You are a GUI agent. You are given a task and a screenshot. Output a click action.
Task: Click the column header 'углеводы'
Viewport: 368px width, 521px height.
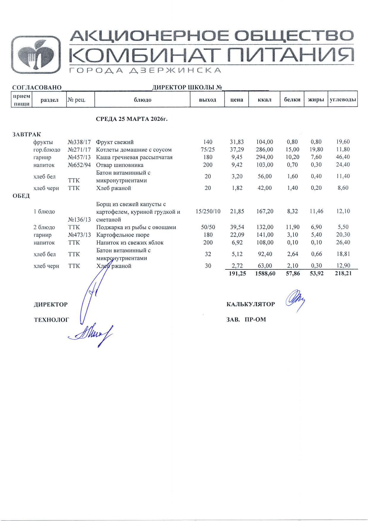click(343, 100)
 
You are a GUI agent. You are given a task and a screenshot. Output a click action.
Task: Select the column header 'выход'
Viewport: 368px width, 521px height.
click(207, 100)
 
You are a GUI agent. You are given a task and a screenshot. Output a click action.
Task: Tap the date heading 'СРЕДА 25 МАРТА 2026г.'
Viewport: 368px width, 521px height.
click(132, 119)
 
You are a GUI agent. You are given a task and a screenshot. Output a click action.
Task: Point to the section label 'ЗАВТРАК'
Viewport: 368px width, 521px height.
click(27, 134)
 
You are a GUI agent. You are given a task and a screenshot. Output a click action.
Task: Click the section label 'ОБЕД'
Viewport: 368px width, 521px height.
click(21, 196)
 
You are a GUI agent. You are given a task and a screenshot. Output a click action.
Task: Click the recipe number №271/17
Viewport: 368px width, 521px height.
click(79, 150)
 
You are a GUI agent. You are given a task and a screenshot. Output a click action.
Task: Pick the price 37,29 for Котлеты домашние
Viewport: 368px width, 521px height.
click(237, 150)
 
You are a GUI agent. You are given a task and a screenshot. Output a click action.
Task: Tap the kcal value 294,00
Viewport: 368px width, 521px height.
click(264, 157)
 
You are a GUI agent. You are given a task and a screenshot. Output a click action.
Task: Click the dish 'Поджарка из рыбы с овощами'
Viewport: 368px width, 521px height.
click(136, 227)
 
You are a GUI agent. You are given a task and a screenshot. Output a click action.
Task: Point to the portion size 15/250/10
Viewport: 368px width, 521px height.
click(208, 211)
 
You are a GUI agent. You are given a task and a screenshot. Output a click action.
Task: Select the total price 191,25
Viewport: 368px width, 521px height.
click(237, 274)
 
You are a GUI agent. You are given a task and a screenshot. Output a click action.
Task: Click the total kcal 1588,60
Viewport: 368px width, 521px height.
click(265, 274)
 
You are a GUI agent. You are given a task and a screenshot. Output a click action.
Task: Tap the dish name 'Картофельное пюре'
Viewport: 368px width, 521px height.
click(123, 235)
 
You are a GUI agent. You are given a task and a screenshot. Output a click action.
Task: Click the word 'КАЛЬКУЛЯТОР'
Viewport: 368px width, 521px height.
click(250, 304)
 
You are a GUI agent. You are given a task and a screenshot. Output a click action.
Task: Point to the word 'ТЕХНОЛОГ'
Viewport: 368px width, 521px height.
click(52, 320)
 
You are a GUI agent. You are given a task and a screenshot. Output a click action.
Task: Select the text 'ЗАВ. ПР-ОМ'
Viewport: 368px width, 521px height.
click(246, 320)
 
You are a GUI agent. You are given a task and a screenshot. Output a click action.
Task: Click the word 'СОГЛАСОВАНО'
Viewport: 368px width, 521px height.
click(37, 87)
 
